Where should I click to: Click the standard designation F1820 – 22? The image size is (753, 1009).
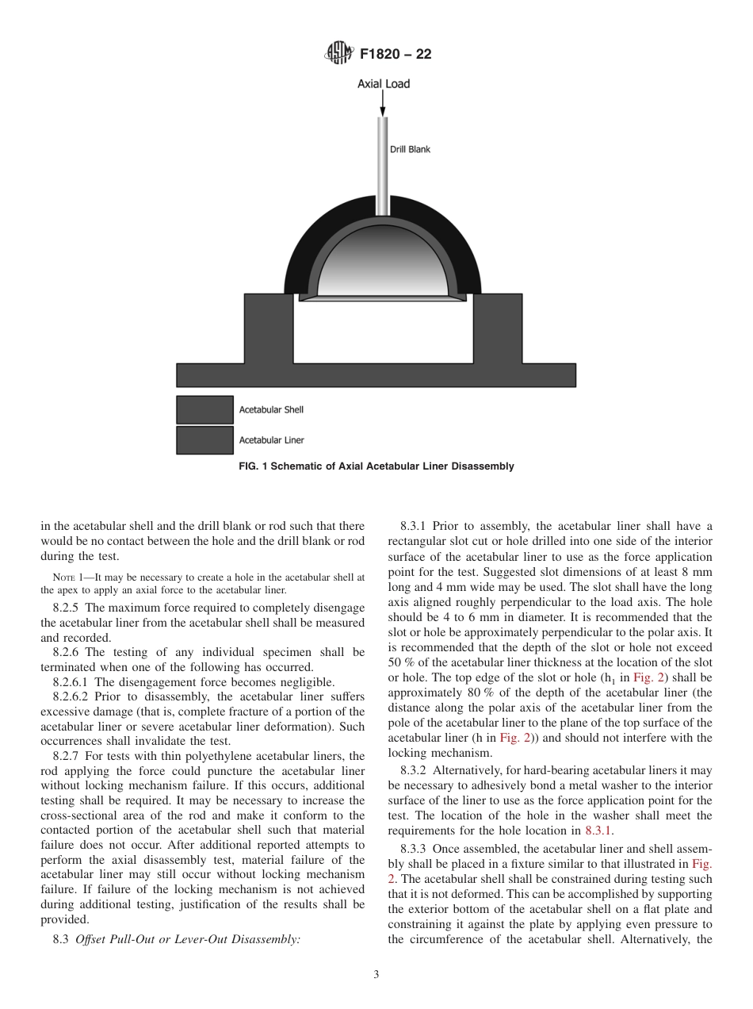tap(395, 55)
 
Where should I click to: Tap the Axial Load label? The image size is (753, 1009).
tap(384, 83)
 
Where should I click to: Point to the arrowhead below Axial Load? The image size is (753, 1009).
tap(384, 112)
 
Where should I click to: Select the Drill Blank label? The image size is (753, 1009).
tap(410, 149)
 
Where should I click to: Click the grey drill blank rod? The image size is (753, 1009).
tap(383, 171)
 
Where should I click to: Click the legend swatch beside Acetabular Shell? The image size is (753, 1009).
tap(204, 410)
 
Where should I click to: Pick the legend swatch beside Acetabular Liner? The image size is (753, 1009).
tap(204, 439)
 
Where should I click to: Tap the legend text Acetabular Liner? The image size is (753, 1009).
tap(271, 439)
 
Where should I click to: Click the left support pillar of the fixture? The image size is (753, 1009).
tap(268, 328)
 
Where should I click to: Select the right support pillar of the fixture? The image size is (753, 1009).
tap(499, 328)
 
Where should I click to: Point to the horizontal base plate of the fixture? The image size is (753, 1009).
tap(376, 374)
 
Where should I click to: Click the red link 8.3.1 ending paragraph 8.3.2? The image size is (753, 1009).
tap(598, 831)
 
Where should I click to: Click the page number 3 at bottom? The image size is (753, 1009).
tap(376, 975)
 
